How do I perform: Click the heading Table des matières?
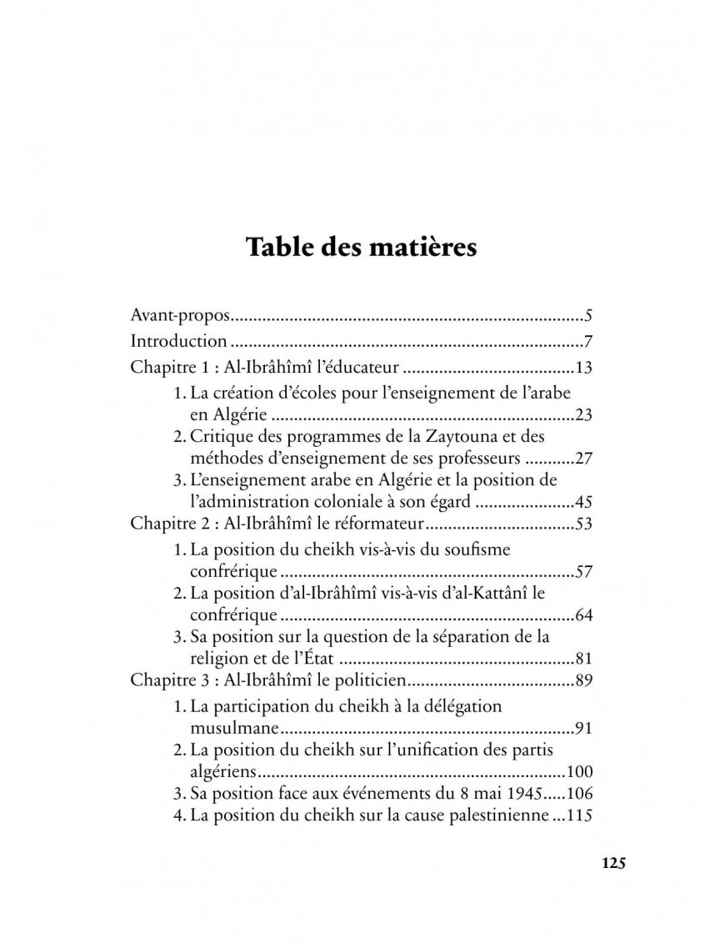click(362, 248)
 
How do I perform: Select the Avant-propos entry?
click(180, 316)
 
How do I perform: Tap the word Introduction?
click(179, 341)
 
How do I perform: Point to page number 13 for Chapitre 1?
click(582, 366)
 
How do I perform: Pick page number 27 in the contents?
click(582, 458)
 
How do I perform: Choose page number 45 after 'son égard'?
click(582, 503)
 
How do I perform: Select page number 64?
click(582, 616)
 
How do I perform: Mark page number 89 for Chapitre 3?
click(582, 681)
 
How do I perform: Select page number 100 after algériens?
click(578, 772)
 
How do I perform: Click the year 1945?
click(522, 793)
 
